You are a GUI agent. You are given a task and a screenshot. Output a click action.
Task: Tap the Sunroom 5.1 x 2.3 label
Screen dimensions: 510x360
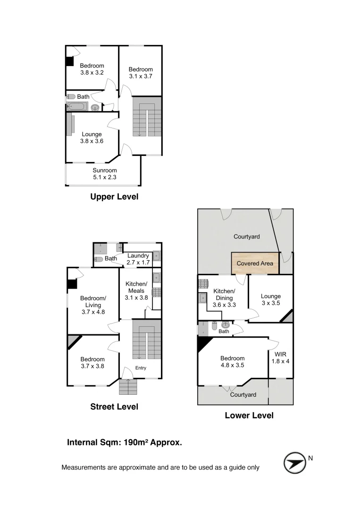tap(105, 174)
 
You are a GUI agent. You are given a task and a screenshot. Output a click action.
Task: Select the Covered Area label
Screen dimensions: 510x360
tap(254, 263)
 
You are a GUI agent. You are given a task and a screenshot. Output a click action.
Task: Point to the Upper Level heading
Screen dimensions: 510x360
tap(114, 197)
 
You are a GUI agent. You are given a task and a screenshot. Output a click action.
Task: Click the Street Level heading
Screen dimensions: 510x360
tap(114, 407)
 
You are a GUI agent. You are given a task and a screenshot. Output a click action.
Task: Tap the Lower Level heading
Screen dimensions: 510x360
tap(249, 416)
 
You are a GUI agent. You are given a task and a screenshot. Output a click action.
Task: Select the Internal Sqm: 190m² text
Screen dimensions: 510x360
tap(125, 442)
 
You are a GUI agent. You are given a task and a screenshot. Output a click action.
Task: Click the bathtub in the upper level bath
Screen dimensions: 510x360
tap(76, 106)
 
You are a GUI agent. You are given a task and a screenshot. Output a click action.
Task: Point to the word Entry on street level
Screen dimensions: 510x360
tap(141, 368)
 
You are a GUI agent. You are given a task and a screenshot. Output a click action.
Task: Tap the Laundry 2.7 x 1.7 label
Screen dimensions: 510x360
tap(138, 258)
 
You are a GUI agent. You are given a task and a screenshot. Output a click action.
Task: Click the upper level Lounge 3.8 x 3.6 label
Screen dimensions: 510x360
tap(92, 137)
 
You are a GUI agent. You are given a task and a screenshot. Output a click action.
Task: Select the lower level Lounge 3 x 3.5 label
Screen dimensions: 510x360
tap(270, 299)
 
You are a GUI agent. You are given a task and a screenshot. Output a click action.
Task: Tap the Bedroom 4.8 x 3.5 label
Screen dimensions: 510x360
tap(232, 361)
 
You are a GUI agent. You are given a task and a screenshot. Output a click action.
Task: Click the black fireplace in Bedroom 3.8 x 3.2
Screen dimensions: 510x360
tap(69, 61)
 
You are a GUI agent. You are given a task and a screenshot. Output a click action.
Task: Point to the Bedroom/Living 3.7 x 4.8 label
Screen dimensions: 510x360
tap(93, 305)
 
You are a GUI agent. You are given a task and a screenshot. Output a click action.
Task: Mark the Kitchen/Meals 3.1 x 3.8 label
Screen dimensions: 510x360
tap(136, 290)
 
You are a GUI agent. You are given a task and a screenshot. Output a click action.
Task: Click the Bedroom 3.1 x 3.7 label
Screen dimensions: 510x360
tap(141, 73)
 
